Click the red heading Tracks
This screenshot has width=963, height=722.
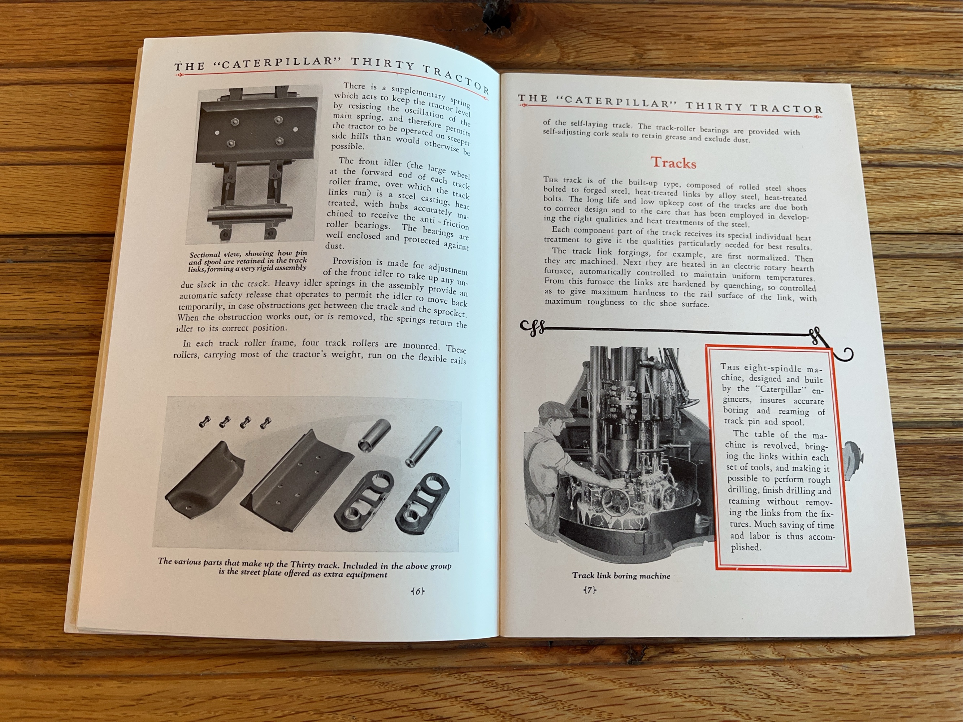673,163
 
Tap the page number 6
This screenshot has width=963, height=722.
417,591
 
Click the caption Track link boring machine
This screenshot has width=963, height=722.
621,576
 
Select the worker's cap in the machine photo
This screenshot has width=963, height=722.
552,409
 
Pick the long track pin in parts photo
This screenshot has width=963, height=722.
424,447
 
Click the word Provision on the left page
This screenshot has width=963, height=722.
352,262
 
